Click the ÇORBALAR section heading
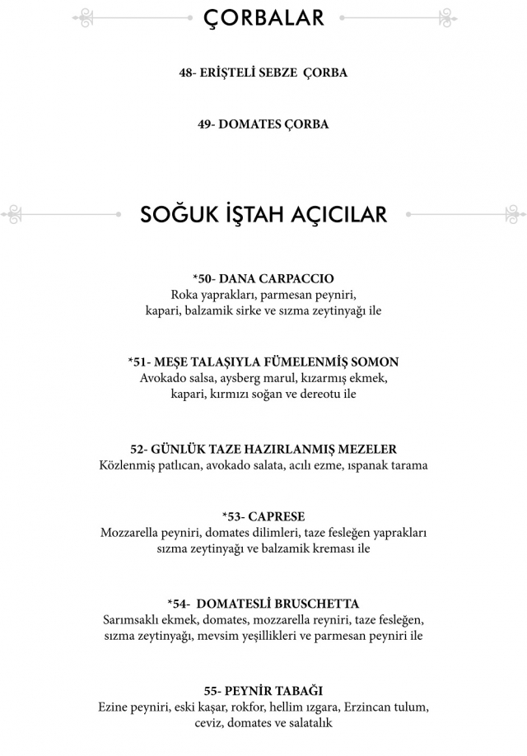263,16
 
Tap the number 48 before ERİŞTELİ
186,72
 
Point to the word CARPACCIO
295,278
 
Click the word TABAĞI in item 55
295,690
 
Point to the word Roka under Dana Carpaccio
185,295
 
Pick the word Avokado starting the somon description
163,378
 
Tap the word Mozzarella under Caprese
132,533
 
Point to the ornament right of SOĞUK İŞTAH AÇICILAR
466,214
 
